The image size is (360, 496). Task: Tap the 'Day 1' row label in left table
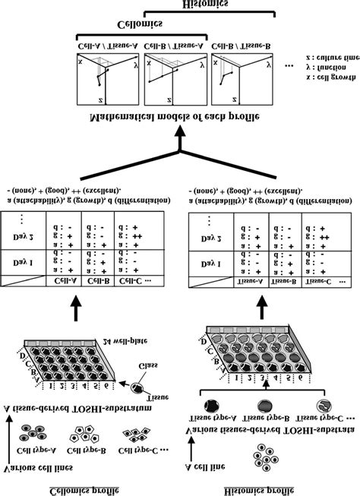point(21,262)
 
